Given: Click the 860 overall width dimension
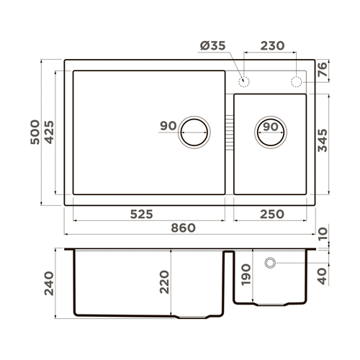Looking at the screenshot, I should tap(184, 228).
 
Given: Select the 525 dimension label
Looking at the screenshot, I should tap(145, 214).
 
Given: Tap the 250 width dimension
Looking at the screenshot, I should tap(270, 214).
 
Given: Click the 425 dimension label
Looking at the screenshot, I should tap(49, 132).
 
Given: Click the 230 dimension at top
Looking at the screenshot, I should tap(271, 45).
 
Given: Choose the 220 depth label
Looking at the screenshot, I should tap(163, 282).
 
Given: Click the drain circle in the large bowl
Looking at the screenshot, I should tap(194, 132).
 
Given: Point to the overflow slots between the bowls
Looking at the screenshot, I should tap(229, 132).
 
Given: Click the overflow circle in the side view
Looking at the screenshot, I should tap(270, 263).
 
